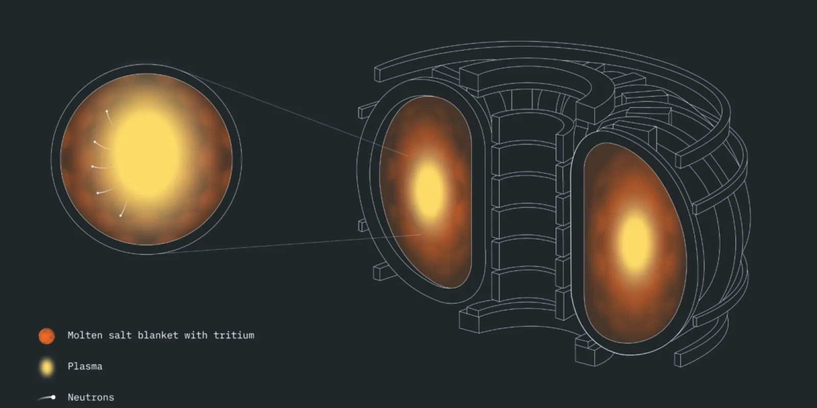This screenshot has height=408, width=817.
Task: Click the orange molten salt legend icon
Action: click(46, 336)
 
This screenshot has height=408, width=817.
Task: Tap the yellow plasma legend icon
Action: click(46, 367)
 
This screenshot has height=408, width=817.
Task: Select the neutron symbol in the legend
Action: click(47, 397)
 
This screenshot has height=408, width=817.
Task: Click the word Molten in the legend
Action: click(85, 335)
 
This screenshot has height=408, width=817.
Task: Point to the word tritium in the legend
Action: click(234, 335)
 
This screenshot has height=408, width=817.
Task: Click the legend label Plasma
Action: click(85, 366)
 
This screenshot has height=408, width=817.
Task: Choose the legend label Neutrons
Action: click(91, 397)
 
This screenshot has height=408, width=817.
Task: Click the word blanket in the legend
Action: click(158, 335)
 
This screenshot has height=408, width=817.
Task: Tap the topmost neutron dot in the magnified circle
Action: click(107, 111)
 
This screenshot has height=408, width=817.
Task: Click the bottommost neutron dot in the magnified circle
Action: click(121, 216)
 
